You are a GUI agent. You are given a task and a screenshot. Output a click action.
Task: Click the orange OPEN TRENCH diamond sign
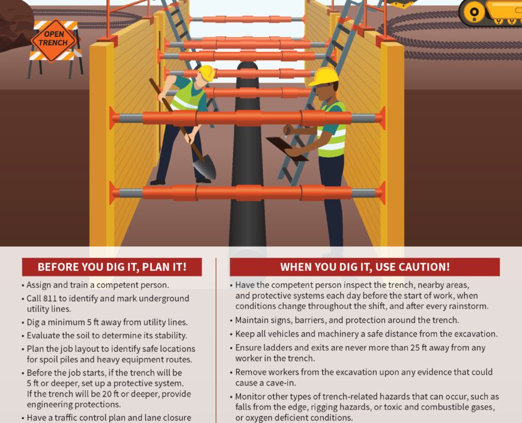pyautogui.click(x=53, y=40)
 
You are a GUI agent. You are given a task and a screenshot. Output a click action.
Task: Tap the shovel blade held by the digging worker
pyautogui.click(x=204, y=169)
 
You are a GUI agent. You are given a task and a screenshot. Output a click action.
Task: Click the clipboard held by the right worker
pyautogui.click(x=287, y=149)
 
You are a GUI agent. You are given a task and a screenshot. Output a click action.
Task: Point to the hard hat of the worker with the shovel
pyautogui.click(x=207, y=73)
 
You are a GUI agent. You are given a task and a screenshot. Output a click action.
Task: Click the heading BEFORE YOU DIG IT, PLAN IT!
pyautogui.click(x=112, y=267)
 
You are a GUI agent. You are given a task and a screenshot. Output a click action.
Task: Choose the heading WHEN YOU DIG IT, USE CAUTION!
pyautogui.click(x=365, y=267)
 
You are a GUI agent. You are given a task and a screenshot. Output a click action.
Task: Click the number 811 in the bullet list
pyautogui.click(x=50, y=298)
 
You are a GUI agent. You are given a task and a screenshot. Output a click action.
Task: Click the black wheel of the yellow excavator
pyautogui.click(x=474, y=12)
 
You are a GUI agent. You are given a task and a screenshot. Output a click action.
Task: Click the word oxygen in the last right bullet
pyautogui.click(x=258, y=418)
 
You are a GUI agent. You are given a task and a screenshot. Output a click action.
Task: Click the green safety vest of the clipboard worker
pyautogui.click(x=332, y=130)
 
